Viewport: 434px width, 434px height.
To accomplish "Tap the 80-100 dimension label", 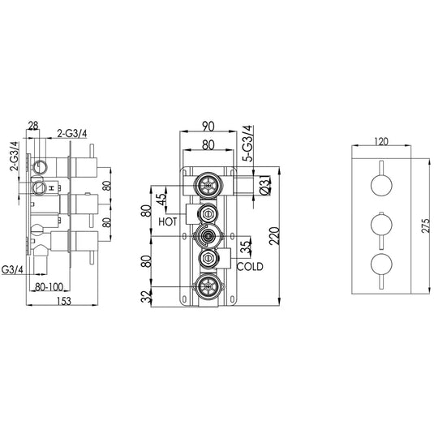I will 51,286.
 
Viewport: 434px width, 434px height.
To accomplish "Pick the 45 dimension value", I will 162,197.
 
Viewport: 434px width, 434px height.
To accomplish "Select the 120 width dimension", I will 381,140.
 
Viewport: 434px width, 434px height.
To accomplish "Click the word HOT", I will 169,220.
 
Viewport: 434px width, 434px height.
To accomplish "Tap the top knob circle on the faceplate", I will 381,184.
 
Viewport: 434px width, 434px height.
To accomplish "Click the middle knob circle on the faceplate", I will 381,224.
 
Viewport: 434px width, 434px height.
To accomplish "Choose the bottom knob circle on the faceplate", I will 381,264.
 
